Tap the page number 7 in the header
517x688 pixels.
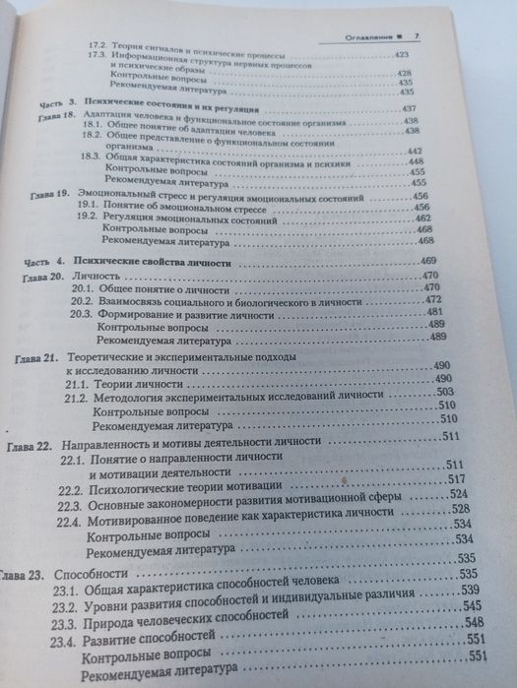point(417,36)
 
